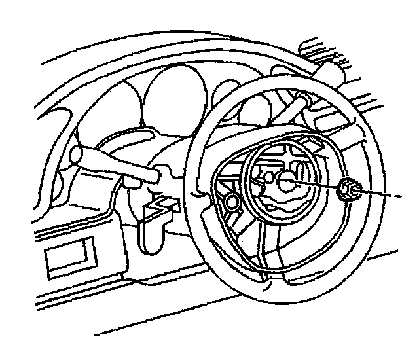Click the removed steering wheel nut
pyautogui.click(x=349, y=190)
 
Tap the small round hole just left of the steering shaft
pyautogui.click(x=268, y=178)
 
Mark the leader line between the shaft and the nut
pyautogui.click(x=318, y=185)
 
